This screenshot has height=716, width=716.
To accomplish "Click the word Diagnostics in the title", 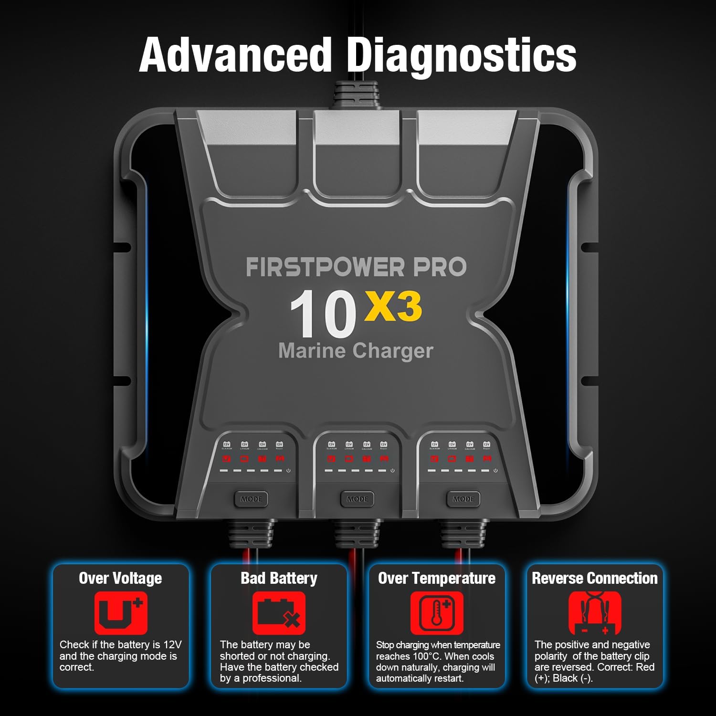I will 461,56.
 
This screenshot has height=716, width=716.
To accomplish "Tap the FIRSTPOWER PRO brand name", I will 356,267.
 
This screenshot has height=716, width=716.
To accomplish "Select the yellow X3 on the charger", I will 393,307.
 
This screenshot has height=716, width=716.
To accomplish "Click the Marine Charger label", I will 356,351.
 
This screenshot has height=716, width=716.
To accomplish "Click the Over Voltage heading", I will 120,579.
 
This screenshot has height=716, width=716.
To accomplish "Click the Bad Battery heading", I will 279,579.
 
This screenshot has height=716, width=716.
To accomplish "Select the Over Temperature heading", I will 437,579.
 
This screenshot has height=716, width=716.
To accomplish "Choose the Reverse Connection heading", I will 595,579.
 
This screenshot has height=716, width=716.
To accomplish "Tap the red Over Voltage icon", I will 121,613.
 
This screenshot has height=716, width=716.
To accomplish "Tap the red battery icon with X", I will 279,613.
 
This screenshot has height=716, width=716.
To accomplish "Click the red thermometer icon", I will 437,613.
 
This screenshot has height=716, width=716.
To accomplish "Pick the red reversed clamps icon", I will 595,613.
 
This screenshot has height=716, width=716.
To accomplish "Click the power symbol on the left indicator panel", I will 288,471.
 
